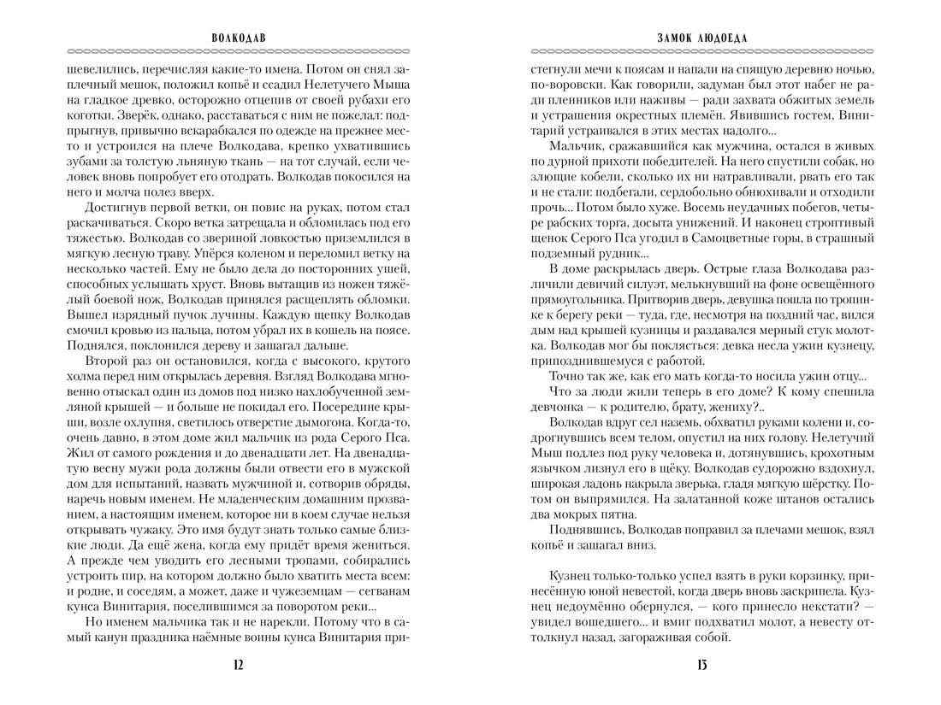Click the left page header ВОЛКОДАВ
238,38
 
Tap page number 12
238,666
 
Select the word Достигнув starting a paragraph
115,209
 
